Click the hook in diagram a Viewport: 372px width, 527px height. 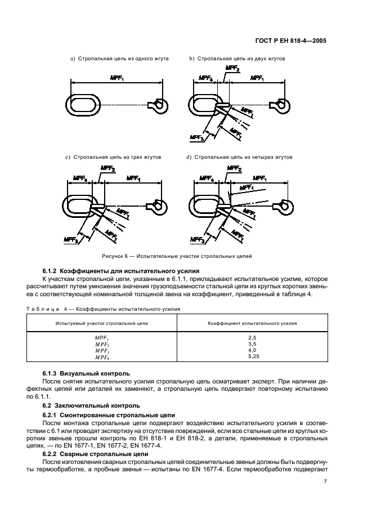(x=158, y=105)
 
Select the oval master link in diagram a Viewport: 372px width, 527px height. (x=84, y=104)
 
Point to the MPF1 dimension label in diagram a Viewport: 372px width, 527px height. (x=116, y=78)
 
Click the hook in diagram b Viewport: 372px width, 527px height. (x=280, y=105)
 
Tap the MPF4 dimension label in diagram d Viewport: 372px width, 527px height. (x=205, y=180)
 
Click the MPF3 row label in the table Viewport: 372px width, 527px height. (x=102, y=351)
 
